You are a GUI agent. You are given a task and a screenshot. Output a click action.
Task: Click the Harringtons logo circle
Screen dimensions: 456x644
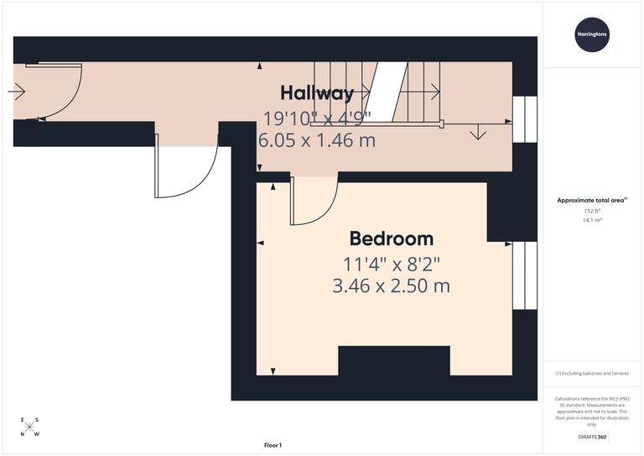[592, 34]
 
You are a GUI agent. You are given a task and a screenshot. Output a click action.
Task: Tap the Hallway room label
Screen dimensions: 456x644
[317, 92]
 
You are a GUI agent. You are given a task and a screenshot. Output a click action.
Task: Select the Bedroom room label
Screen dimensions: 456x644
[391, 238]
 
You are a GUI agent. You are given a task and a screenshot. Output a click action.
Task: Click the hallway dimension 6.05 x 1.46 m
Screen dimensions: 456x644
[317, 140]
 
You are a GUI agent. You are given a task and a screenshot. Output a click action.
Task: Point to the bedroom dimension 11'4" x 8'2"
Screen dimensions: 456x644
[391, 264]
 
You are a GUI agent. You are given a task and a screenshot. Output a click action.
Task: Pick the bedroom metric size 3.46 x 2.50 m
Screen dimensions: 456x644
[391, 286]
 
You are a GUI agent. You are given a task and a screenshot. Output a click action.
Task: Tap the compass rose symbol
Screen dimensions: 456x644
[29, 427]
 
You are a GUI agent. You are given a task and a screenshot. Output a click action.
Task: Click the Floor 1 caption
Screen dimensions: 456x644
[273, 445]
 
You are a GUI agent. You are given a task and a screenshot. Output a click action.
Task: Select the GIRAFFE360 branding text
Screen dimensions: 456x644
[592, 438]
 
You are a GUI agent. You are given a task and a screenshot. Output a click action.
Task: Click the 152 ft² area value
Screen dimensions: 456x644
[592, 211]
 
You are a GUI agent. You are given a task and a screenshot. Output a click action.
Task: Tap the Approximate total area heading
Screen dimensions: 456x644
[592, 200]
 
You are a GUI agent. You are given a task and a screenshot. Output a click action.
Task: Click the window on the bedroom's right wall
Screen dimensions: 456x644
[524, 275]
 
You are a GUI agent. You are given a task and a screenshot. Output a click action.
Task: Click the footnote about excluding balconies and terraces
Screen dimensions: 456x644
[592, 373]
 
